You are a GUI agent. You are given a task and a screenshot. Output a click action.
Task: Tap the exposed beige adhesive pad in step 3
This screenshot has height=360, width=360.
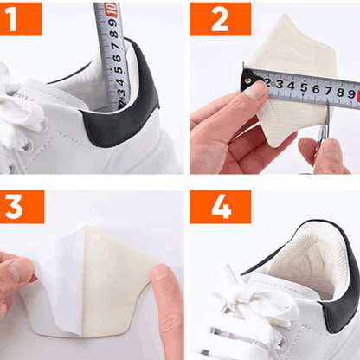point(121,268)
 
